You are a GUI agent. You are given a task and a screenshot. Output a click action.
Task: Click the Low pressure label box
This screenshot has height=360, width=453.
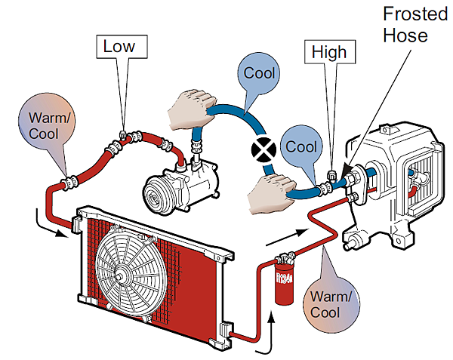[119, 47]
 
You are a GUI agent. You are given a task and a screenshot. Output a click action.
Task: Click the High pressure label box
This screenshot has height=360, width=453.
[328, 52]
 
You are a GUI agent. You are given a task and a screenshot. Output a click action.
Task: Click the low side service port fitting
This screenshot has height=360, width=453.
[122, 137]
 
